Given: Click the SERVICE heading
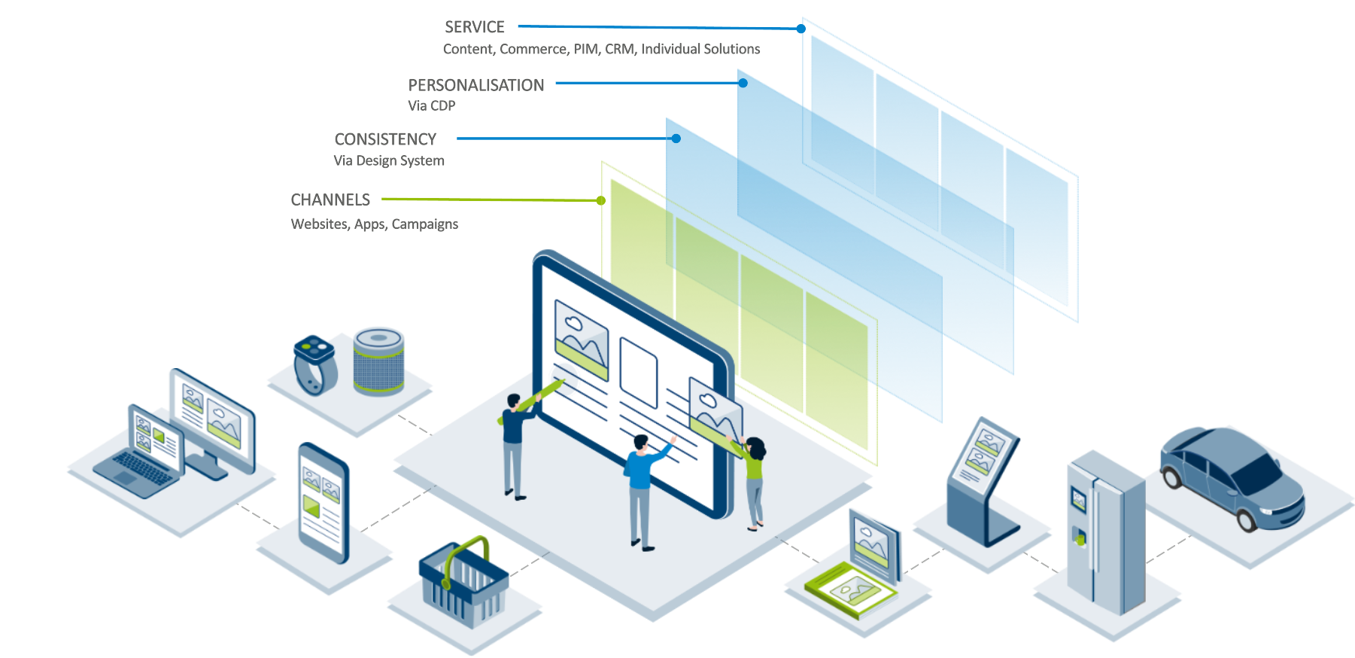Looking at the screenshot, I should pos(474,27).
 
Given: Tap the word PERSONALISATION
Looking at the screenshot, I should pos(475,85).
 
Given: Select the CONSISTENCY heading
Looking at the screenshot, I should pos(385,139).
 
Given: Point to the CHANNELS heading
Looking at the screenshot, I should pos(330,200).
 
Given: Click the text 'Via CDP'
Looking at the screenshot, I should pos(431,106).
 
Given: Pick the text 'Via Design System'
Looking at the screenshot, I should pos(389,160).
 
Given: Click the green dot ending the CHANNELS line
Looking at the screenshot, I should pos(600,200).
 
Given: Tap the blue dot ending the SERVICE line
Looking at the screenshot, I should pos(801,29).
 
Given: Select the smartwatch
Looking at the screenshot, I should pos(313,363).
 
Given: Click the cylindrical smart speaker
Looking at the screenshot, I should pos(378,361).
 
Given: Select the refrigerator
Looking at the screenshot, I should pos(1105,532).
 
